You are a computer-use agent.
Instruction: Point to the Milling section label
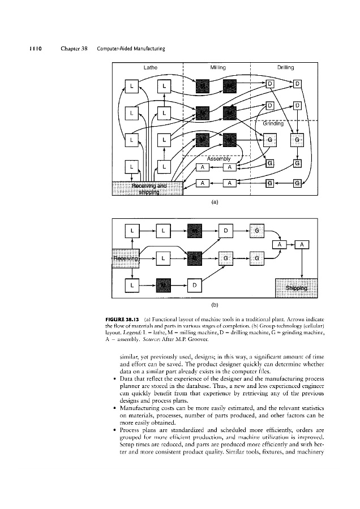coord(218,67)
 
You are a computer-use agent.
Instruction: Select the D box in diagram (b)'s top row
coord(225,231)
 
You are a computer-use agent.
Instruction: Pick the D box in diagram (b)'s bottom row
coord(194,285)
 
